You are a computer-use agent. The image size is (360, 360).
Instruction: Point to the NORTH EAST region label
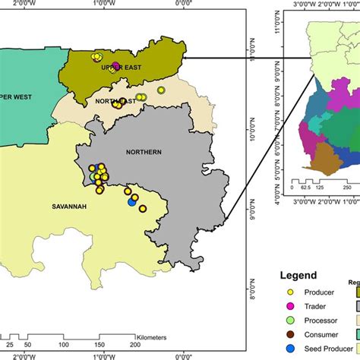[116, 100]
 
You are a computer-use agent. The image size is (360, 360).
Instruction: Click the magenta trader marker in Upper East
[115, 65]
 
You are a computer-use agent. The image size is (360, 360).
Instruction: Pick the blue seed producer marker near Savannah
[132, 201]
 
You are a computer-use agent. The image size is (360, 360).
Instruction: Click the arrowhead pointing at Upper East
[189, 55]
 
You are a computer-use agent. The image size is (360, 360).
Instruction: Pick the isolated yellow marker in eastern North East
[161, 90]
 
